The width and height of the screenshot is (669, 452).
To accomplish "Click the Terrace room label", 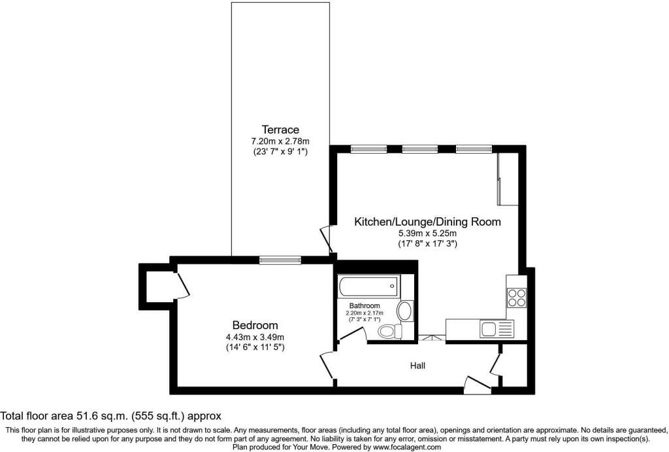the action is pyautogui.click(x=280, y=130).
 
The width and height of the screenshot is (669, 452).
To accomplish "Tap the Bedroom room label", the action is pyautogui.click(x=255, y=325).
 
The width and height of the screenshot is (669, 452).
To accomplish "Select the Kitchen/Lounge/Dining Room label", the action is pyautogui.click(x=428, y=222).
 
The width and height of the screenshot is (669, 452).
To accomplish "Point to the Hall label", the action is pyautogui.click(x=417, y=366).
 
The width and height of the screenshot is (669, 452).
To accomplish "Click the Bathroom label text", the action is pyautogui.click(x=365, y=306).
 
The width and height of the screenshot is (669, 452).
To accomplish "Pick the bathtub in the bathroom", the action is pyautogui.click(x=370, y=286).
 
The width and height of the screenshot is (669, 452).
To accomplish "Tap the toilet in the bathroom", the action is pyautogui.click(x=390, y=331).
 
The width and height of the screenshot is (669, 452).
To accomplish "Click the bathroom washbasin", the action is pyautogui.click(x=405, y=311).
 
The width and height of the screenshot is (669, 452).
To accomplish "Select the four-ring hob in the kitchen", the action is pyautogui.click(x=516, y=298).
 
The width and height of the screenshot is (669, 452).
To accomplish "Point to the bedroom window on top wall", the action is pyautogui.click(x=280, y=259).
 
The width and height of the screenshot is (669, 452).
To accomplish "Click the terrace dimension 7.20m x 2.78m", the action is pyautogui.click(x=280, y=141).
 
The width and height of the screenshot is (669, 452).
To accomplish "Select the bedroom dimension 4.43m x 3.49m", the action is pyautogui.click(x=255, y=337).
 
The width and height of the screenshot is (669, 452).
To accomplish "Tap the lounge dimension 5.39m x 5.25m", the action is pyautogui.click(x=427, y=234).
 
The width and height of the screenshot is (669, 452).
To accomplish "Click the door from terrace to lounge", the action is pyautogui.click(x=327, y=239).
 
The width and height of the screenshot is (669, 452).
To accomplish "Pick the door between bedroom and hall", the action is pyautogui.click(x=328, y=365).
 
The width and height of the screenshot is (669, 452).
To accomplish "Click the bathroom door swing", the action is pyautogui.click(x=352, y=334).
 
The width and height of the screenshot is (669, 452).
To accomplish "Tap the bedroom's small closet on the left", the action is pyautogui.click(x=159, y=283).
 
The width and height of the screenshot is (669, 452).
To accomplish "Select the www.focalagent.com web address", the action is pyautogui.click(x=406, y=447).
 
